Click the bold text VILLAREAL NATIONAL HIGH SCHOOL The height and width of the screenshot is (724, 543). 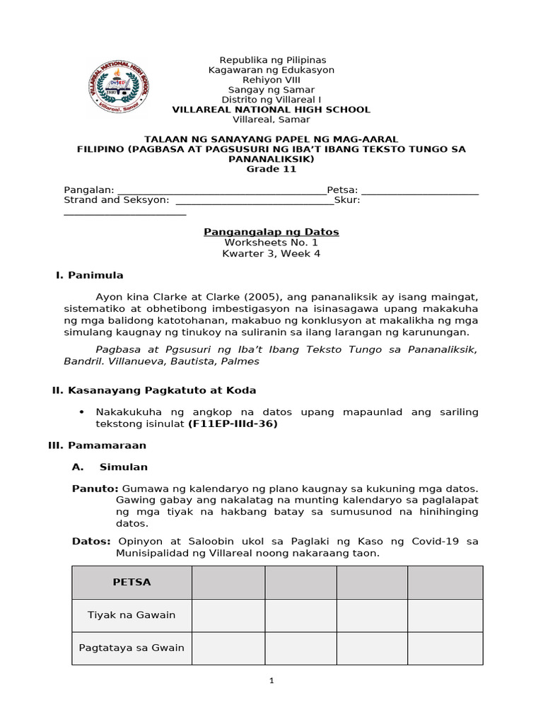[271, 110]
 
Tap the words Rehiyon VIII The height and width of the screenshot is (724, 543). [271, 80]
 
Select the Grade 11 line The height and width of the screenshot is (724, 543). [271, 169]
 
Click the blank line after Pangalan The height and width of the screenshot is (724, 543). [221, 190]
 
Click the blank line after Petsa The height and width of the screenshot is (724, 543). [419, 190]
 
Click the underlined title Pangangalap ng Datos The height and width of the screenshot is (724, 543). [271, 232]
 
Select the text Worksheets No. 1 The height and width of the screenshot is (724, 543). [271, 243]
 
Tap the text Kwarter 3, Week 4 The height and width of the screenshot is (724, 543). [271, 253]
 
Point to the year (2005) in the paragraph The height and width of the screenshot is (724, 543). [230, 296]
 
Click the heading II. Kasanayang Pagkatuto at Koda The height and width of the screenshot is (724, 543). [155, 390]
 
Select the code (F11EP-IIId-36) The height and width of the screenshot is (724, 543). [233, 424]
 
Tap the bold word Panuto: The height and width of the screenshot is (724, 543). [96, 489]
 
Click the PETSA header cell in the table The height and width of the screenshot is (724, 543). [132, 582]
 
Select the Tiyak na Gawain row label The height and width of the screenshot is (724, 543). [132, 615]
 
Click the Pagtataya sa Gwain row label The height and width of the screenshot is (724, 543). [132, 648]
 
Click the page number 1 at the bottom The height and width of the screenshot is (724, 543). [271, 681]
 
